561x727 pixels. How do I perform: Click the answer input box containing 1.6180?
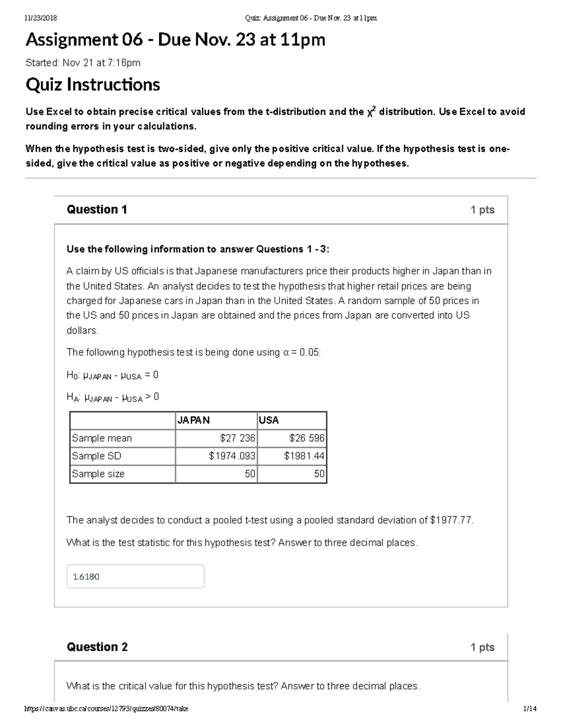(135, 576)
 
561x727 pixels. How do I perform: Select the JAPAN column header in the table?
(194, 420)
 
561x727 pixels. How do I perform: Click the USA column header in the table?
(269, 420)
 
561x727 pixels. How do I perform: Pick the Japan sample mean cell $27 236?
(237, 438)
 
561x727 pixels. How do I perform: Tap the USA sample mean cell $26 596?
(307, 438)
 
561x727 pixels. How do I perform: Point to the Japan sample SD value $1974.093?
(232, 456)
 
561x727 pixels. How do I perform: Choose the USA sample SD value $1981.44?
(304, 456)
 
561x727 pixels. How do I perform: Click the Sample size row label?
(98, 474)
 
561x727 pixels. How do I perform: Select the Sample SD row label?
(96, 456)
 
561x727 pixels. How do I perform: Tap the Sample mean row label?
(102, 438)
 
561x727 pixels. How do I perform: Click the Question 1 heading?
(97, 209)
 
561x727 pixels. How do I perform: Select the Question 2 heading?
(97, 647)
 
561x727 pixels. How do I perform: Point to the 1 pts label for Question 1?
(482, 210)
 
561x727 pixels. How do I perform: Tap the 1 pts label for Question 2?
(482, 647)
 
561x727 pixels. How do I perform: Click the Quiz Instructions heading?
(93, 85)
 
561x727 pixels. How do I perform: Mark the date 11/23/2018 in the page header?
(41, 18)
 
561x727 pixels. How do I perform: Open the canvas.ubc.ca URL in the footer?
(106, 709)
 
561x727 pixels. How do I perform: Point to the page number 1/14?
(530, 709)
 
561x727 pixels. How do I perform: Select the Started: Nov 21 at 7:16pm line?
(83, 63)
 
